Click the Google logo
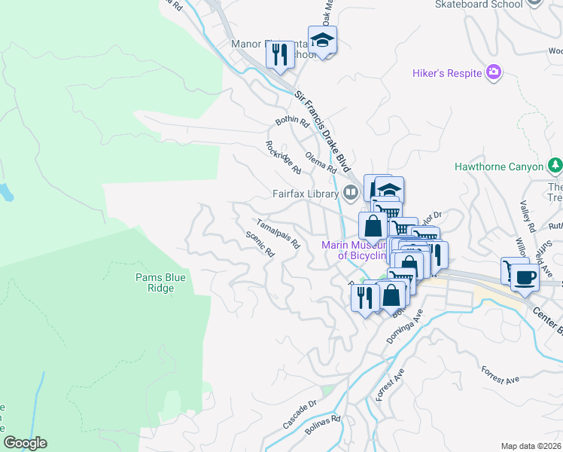pyautogui.click(x=25, y=444)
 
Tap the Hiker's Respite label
pyautogui.click(x=447, y=73)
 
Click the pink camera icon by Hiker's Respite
pyautogui.click(x=494, y=72)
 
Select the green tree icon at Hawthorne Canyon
pyautogui.click(x=555, y=164)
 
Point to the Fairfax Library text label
pyautogui.click(x=306, y=194)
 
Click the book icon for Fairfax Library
pyautogui.click(x=351, y=193)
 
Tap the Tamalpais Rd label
pyautogui.click(x=278, y=234)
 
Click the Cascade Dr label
pyautogui.click(x=300, y=415)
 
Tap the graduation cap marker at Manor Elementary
pyautogui.click(x=322, y=41)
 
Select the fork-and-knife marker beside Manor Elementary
pyautogui.click(x=280, y=55)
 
